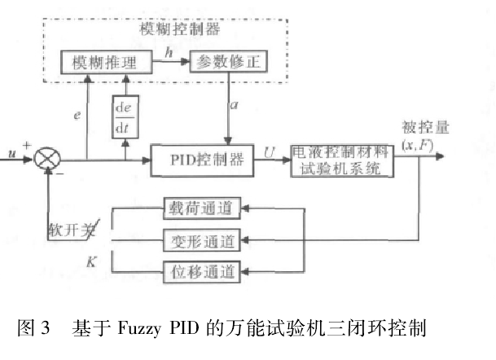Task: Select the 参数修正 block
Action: pos(228,63)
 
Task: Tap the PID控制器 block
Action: pos(204,160)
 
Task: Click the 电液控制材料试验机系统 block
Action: pos(342,160)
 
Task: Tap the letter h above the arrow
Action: pos(168,50)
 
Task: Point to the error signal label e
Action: pos(76,116)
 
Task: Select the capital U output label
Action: pos(270,150)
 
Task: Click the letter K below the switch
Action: pos(91,260)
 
